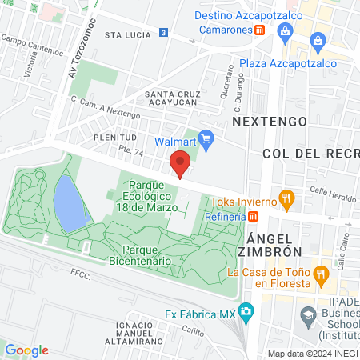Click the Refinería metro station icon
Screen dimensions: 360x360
(254, 216)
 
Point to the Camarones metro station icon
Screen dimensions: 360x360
(260, 30)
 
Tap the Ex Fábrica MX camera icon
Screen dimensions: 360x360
(246, 310)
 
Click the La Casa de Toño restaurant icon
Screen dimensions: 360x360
(321, 274)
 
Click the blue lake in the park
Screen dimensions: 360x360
(70, 202)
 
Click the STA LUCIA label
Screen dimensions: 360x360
(128, 35)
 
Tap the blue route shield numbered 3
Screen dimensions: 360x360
(164, 32)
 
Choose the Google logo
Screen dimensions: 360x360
(26, 350)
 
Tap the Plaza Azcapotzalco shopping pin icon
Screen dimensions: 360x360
(318, 41)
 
